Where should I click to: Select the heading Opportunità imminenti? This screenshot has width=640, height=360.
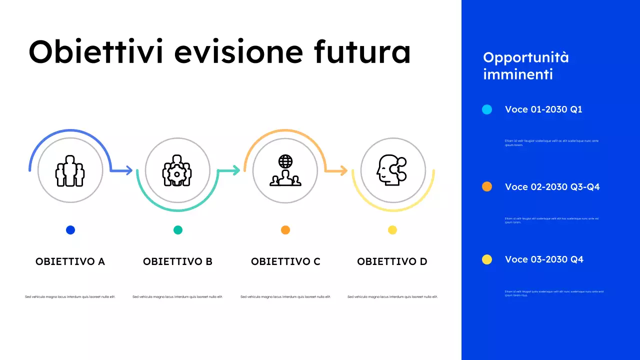coord(526,66)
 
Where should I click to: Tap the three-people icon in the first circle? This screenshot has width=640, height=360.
coord(70,170)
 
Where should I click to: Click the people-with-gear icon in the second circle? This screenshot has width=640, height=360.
coord(177,170)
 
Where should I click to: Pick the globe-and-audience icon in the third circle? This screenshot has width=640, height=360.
coord(285,170)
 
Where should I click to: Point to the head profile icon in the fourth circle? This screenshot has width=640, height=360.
coord(391,170)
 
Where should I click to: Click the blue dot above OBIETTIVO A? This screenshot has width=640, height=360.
coord(70,230)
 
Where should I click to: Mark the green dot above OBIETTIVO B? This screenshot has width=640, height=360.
coord(178,230)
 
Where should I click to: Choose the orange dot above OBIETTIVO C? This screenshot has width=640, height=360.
coord(285,230)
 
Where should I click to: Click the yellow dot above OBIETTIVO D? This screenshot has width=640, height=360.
coord(392,230)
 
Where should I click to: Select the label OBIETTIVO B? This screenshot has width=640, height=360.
coord(177,261)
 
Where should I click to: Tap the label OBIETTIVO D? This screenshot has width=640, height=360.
coord(392,261)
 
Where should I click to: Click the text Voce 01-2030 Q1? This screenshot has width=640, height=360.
coord(543,109)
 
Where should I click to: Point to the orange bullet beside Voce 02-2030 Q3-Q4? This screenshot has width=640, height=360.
coord(487,186)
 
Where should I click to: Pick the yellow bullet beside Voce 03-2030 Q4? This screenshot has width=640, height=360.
coord(487,259)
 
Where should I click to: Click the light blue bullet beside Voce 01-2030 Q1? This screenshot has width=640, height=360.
coord(487,109)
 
